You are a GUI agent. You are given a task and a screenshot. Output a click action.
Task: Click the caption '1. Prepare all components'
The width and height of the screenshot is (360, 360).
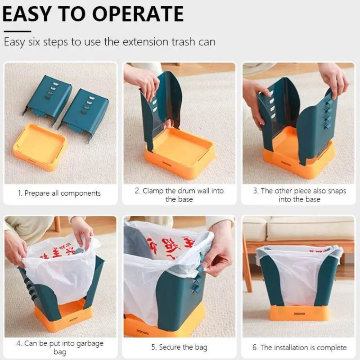tap(59, 193)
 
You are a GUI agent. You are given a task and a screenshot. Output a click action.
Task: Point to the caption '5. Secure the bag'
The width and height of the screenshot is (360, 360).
tap(179, 347)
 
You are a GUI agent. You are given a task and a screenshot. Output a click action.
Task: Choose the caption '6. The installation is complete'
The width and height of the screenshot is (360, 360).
tap(299, 347)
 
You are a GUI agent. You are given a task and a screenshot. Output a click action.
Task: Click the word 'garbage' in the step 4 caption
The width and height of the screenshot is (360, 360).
tap(88, 343)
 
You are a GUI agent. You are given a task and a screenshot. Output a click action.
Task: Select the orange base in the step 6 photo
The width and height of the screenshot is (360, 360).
tap(299, 313)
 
